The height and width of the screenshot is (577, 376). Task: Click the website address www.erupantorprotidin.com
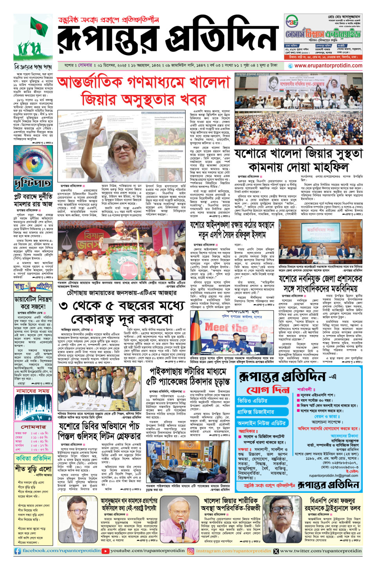click(328, 66)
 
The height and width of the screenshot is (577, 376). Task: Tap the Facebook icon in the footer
click(17, 551)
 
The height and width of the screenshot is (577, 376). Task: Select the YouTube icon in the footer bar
click(105, 551)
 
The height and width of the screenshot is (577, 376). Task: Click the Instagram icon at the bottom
click(191, 551)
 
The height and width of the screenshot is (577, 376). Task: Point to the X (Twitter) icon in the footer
click(276, 551)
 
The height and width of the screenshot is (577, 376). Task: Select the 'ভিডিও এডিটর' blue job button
click(253, 400)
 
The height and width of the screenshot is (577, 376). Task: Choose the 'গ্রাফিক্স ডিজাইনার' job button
click(256, 412)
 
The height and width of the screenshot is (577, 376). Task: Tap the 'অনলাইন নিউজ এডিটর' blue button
click(261, 423)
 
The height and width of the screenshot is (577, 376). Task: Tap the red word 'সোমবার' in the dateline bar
click(85, 65)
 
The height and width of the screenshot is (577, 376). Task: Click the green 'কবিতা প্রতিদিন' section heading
click(33, 458)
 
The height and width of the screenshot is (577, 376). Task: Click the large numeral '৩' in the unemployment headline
click(63, 306)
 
